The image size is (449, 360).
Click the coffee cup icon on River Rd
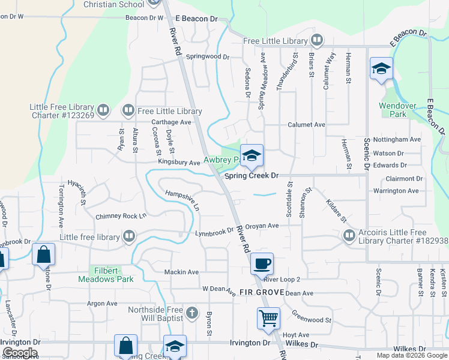[262, 262]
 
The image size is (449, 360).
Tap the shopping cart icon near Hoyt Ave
[268, 317]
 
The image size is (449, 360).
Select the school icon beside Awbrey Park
[252, 155]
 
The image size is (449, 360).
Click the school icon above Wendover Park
[381, 68]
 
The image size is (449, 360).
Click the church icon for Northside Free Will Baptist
[191, 313]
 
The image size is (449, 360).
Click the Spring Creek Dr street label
[252, 176]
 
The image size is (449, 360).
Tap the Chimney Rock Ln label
[121, 216]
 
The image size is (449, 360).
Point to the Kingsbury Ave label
[179, 163]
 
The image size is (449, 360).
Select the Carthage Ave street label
[170, 122]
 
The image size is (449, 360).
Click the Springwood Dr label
[208, 57]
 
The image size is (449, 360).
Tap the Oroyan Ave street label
[265, 226]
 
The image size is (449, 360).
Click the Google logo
[20, 353]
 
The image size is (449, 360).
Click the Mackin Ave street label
[181, 272]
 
